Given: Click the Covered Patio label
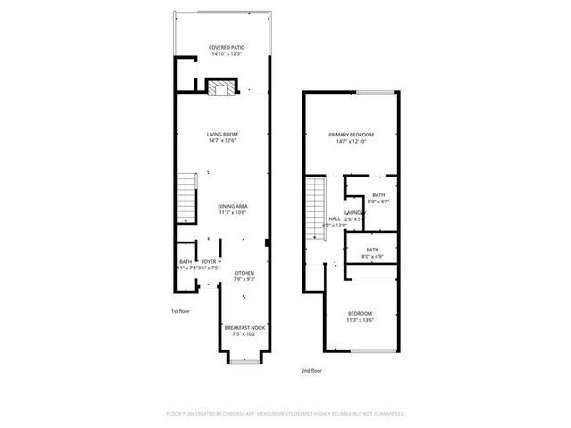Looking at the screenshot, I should pyautogui.click(x=226, y=47).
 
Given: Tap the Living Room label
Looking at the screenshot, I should pyautogui.click(x=223, y=134).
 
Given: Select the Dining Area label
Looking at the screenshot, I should pyautogui.click(x=232, y=206).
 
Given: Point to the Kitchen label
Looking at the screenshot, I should pyautogui.click(x=244, y=273).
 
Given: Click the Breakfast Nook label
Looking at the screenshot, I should pyautogui.click(x=244, y=328).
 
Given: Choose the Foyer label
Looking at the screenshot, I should pyautogui.click(x=208, y=261).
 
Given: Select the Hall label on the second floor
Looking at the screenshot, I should pyautogui.click(x=334, y=218).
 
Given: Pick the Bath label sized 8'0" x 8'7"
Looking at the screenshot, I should pyautogui.click(x=378, y=195).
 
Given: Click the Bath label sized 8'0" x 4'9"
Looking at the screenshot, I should pyautogui.click(x=372, y=250).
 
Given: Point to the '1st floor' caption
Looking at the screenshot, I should pyautogui.click(x=181, y=311).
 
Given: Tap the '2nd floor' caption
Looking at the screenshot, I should pyautogui.click(x=311, y=369).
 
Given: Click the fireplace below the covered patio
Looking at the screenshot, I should pyautogui.click(x=221, y=86).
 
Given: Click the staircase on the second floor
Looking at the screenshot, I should pyautogui.click(x=314, y=204).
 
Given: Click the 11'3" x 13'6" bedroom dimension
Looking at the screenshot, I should pyautogui.click(x=360, y=320).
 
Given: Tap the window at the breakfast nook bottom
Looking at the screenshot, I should pyautogui.click(x=244, y=360).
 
